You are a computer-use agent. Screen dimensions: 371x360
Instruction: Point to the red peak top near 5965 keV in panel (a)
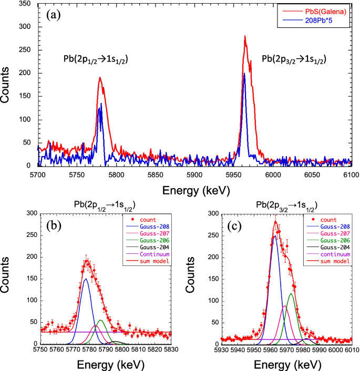click(245, 37)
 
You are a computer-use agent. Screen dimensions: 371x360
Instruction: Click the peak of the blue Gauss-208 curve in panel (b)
click(86, 279)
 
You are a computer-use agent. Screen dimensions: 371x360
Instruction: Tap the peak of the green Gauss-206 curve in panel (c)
click(291, 294)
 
